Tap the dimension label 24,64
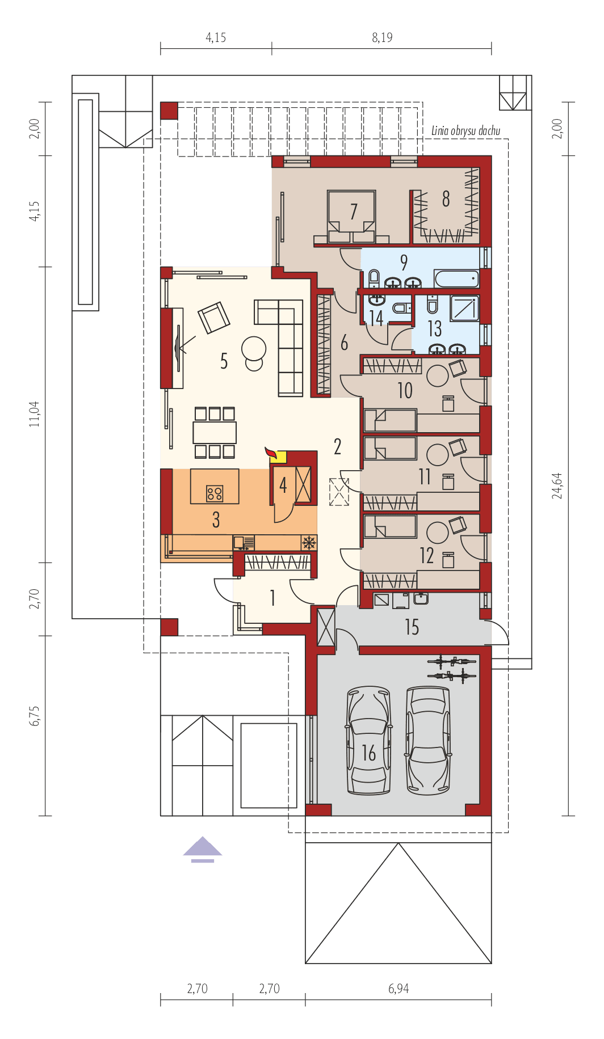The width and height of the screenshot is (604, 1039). pos(559,485)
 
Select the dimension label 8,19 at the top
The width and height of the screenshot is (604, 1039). pos(382,38)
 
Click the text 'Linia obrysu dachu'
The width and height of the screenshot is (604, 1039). pos(465,131)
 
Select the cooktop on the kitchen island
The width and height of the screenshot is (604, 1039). pos(215,493)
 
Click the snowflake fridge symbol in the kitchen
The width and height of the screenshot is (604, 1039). pos(308,543)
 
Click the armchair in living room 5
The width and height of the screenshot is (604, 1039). pos(214,318)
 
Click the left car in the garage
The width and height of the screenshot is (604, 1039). pos(369,740)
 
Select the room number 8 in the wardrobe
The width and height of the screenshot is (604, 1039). pos(446,199)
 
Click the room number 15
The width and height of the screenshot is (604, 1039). pos(412,627)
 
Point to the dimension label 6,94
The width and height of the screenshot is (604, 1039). pos(399,989)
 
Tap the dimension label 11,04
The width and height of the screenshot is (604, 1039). pos(35,413)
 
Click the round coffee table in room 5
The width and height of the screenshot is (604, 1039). pos(253,348)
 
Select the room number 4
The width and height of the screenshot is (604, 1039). pos(283,485)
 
